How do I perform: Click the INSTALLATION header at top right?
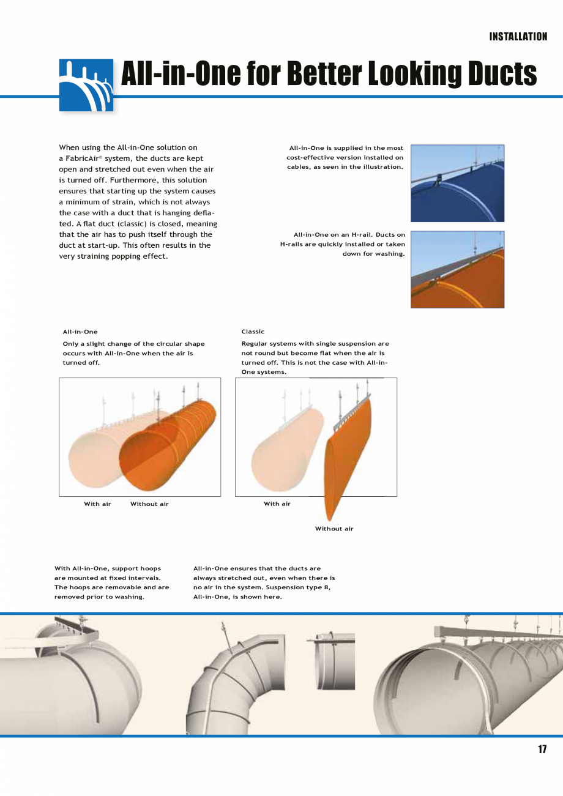518,37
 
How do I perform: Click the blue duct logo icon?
86,85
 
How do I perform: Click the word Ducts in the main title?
502,75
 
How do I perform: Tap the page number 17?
542,750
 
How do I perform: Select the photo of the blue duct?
457,183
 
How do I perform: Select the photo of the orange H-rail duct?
457,269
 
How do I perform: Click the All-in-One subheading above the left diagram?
80,332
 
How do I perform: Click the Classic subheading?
253,332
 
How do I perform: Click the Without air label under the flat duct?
334,529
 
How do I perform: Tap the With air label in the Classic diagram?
277,504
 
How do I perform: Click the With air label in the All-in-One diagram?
97,504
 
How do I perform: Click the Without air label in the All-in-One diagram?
149,504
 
